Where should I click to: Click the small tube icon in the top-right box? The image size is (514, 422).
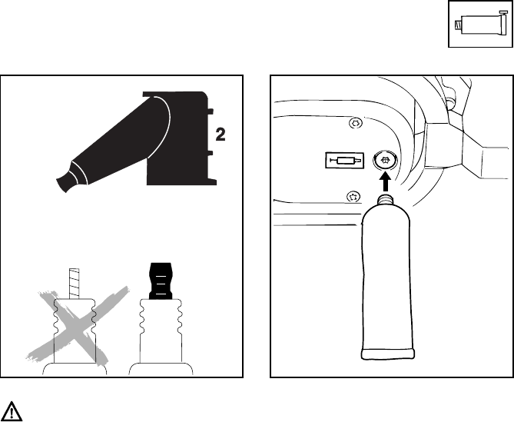(x=477, y=25)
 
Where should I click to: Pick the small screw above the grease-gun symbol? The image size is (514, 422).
(x=355, y=123)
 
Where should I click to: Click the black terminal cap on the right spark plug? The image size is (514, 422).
(x=161, y=279)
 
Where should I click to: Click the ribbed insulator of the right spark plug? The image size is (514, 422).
(x=161, y=327)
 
